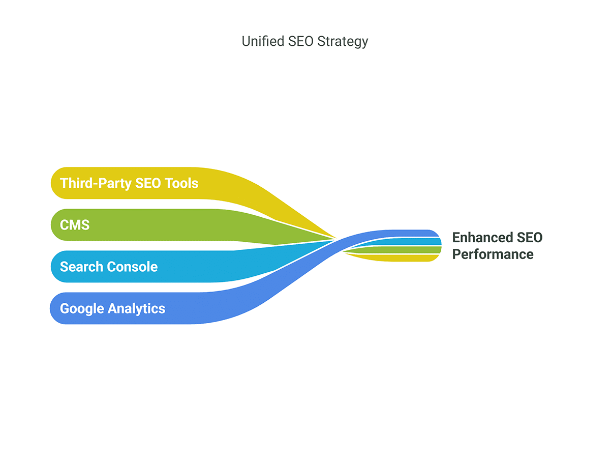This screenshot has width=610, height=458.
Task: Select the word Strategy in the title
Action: [x=343, y=42]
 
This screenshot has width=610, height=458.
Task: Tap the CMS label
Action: [x=75, y=225]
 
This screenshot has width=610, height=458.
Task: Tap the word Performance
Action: [x=493, y=254]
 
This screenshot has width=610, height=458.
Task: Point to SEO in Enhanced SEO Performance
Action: [x=529, y=238]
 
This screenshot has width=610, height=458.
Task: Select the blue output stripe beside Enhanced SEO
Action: [x=417, y=234]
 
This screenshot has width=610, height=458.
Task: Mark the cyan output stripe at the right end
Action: [x=417, y=242]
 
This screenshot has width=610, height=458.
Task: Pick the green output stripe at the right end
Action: [x=417, y=250]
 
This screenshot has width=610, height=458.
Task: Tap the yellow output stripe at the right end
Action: [x=417, y=257]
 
